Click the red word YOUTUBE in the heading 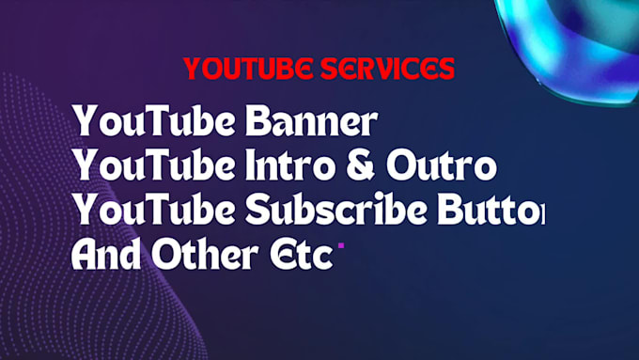[x=244, y=69]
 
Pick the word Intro [x=285, y=166]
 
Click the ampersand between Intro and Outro [x=355, y=167]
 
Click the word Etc [x=301, y=255]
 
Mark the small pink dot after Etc [x=341, y=246]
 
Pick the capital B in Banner [x=257, y=122]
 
